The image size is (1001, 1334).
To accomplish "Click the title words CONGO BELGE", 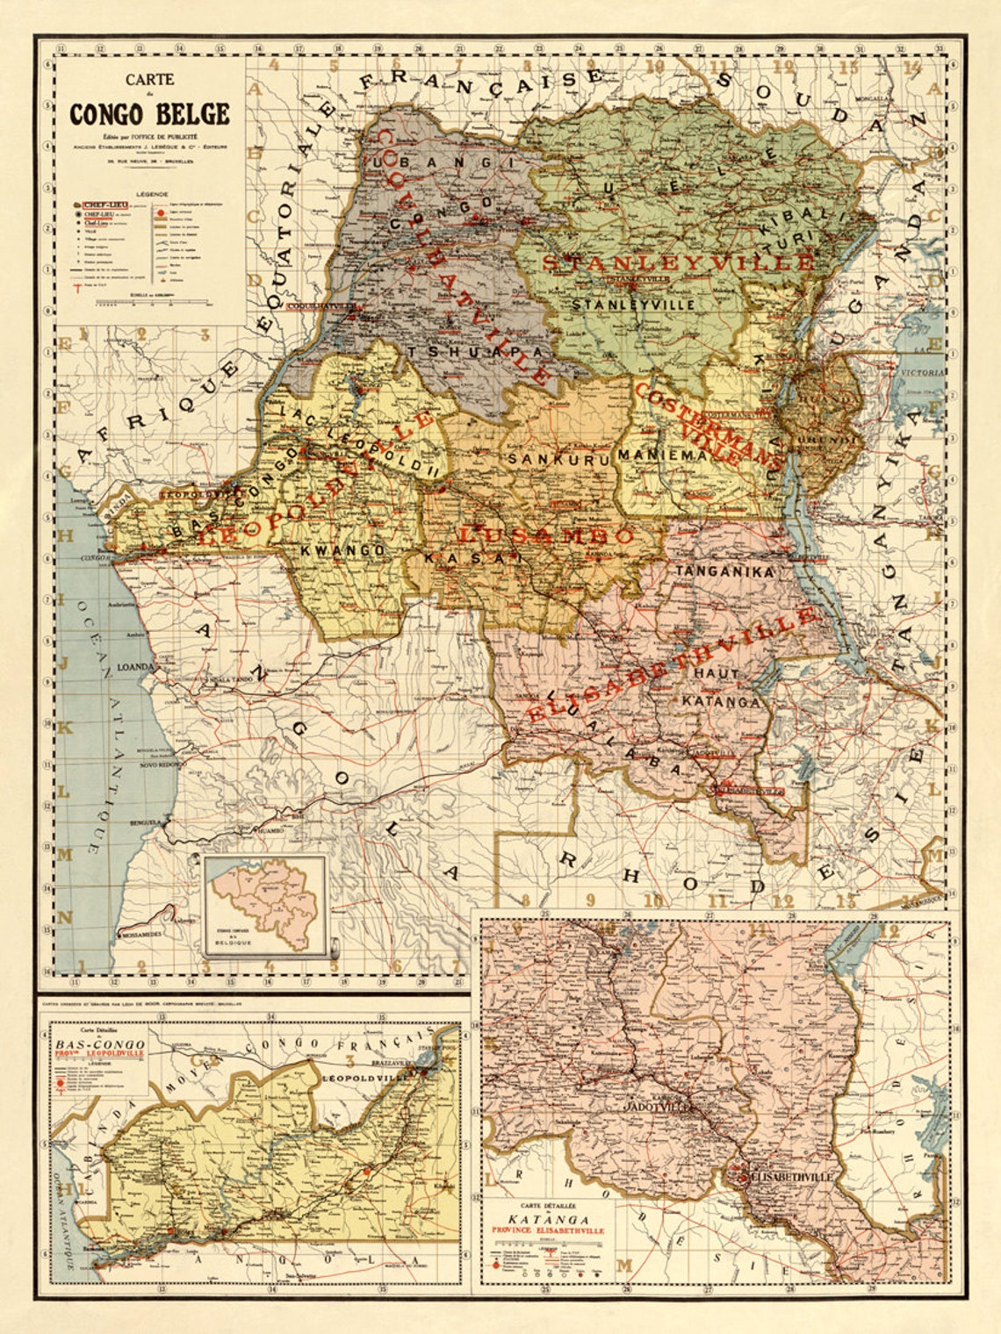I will click(x=149, y=115).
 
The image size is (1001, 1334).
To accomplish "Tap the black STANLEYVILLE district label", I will click(x=633, y=305).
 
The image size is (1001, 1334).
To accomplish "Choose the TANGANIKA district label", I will click(x=724, y=571).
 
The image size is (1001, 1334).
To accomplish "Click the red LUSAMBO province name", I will click(x=546, y=535).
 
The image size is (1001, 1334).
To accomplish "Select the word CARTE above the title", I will click(x=149, y=79).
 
